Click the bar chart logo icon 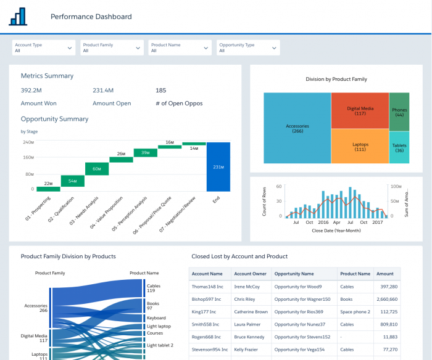18,17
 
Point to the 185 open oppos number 160,91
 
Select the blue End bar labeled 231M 218,166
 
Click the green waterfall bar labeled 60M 97,169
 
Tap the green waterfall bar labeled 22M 48,189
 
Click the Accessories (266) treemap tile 297,128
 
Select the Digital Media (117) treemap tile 360,110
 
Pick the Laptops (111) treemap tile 360,146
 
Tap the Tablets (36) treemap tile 399,148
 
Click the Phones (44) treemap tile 399,112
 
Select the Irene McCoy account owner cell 247,287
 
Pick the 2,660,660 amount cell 386,299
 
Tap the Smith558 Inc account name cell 209,324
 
